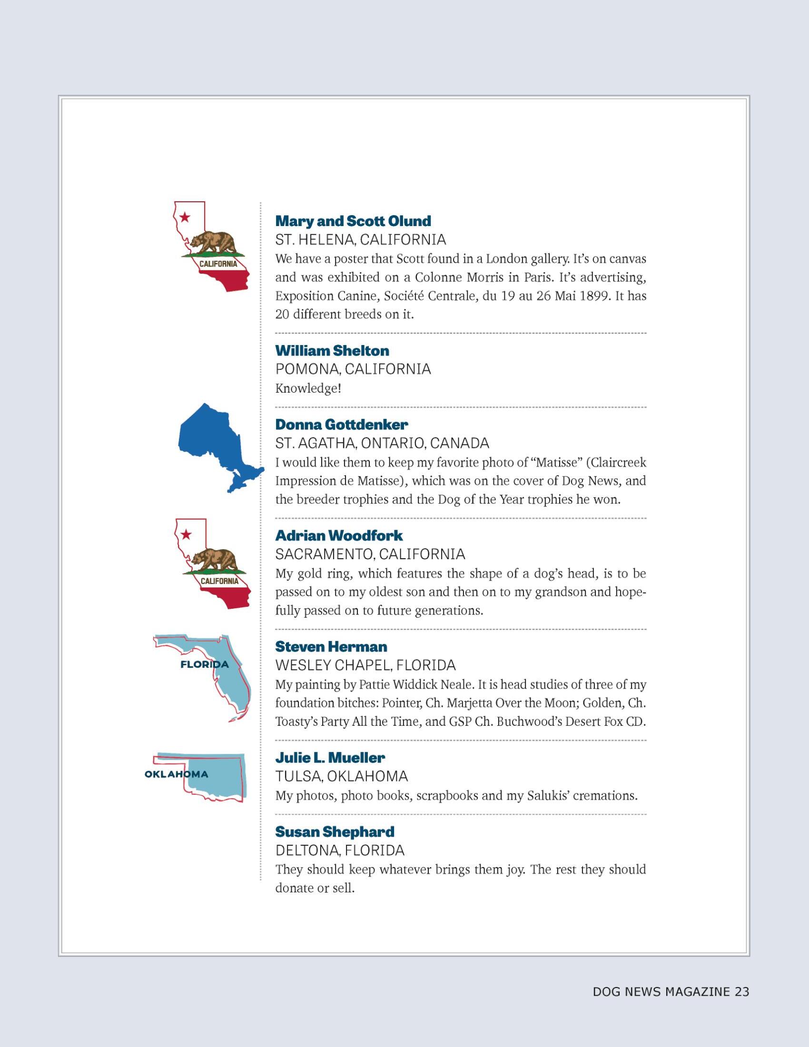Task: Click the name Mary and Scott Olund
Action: click(x=353, y=221)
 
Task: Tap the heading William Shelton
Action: click(x=332, y=350)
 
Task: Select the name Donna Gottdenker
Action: click(x=342, y=424)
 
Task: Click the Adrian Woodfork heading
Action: click(x=339, y=535)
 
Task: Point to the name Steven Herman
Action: click(x=331, y=647)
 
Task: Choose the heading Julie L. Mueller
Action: click(x=330, y=758)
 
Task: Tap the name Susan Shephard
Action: click(x=335, y=832)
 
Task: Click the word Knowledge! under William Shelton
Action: click(x=308, y=388)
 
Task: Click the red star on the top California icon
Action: click(x=185, y=217)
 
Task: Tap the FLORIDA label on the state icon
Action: click(x=205, y=664)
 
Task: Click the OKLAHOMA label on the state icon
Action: click(x=176, y=774)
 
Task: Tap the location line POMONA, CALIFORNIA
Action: click(x=353, y=369)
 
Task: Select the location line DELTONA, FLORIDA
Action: click(x=340, y=850)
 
